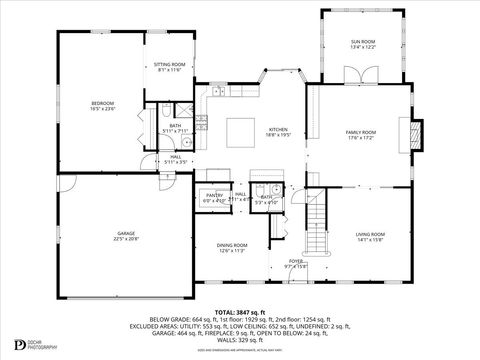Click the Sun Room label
click(x=363, y=41)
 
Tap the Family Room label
click(x=361, y=132)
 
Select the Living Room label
click(x=370, y=234)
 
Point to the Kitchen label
click(x=277, y=129)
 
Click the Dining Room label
click(x=232, y=245)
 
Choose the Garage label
click(x=125, y=233)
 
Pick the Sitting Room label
click(x=169, y=65)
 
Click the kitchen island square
click(x=238, y=132)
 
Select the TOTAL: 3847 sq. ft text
click(x=240, y=310)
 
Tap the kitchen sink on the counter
click(x=218, y=93)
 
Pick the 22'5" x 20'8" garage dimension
click(x=125, y=239)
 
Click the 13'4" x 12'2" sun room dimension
click(x=363, y=47)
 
